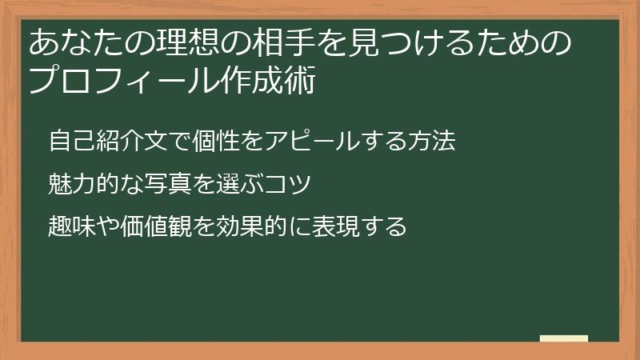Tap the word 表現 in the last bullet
337,226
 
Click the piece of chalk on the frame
564,339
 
